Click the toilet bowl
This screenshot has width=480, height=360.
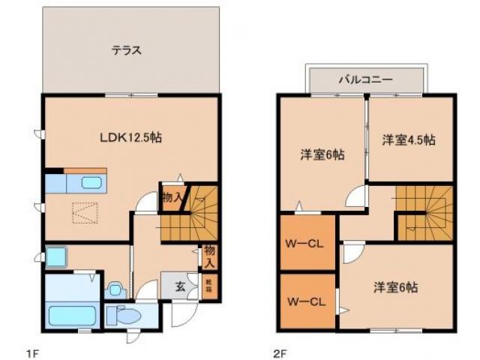click(130, 317)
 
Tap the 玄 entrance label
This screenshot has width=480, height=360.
click(181, 286)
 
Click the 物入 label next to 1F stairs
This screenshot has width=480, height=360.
click(171, 198)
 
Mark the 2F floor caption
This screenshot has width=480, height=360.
click(280, 349)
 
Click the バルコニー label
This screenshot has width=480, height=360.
click(367, 77)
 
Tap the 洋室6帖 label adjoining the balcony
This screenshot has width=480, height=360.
click(322, 155)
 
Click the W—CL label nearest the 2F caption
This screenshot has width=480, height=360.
click(306, 302)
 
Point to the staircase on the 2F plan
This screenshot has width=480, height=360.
click(424, 213)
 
